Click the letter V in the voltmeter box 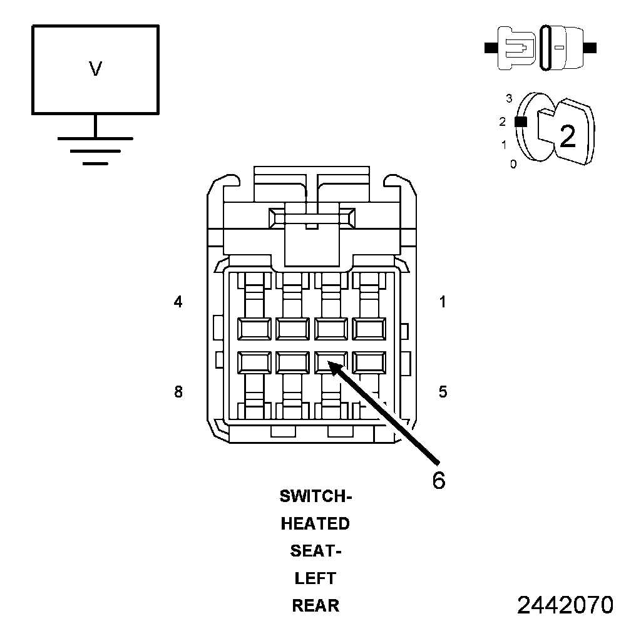pyautogui.click(x=95, y=69)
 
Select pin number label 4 pyautogui.click(x=178, y=302)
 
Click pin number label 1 pyautogui.click(x=443, y=302)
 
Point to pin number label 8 pyautogui.click(x=178, y=393)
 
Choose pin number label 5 pyautogui.click(x=443, y=393)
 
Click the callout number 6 pyautogui.click(x=439, y=480)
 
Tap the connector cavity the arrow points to pyautogui.click(x=331, y=362)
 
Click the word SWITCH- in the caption pyautogui.click(x=316, y=497)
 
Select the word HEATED pyautogui.click(x=315, y=524)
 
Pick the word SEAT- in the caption pyautogui.click(x=315, y=552)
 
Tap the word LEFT pyautogui.click(x=315, y=578)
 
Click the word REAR pyautogui.click(x=315, y=606)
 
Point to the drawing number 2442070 pyautogui.click(x=565, y=605)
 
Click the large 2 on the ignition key pyautogui.click(x=567, y=136)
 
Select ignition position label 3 pyautogui.click(x=509, y=98)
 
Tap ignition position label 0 pyautogui.click(x=513, y=165)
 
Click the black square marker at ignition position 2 pyautogui.click(x=519, y=122)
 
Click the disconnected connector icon pyautogui.click(x=541, y=47)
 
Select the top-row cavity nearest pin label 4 pyautogui.click(x=254, y=328)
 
